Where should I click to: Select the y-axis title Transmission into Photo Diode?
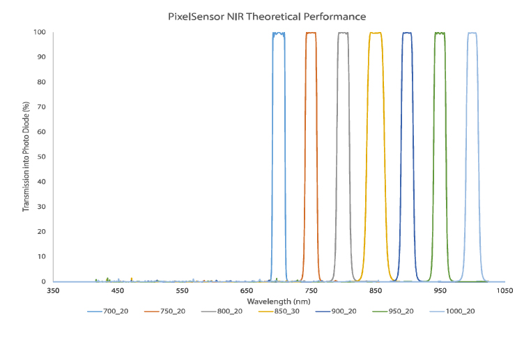26,157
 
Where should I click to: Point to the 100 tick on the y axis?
39,32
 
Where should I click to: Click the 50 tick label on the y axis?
41,157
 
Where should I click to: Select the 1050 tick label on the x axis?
505,290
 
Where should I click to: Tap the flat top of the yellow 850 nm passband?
376,33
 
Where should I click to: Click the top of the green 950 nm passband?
440,33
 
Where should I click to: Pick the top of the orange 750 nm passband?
311,33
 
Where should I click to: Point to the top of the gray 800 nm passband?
343,33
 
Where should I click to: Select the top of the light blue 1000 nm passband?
472,33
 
